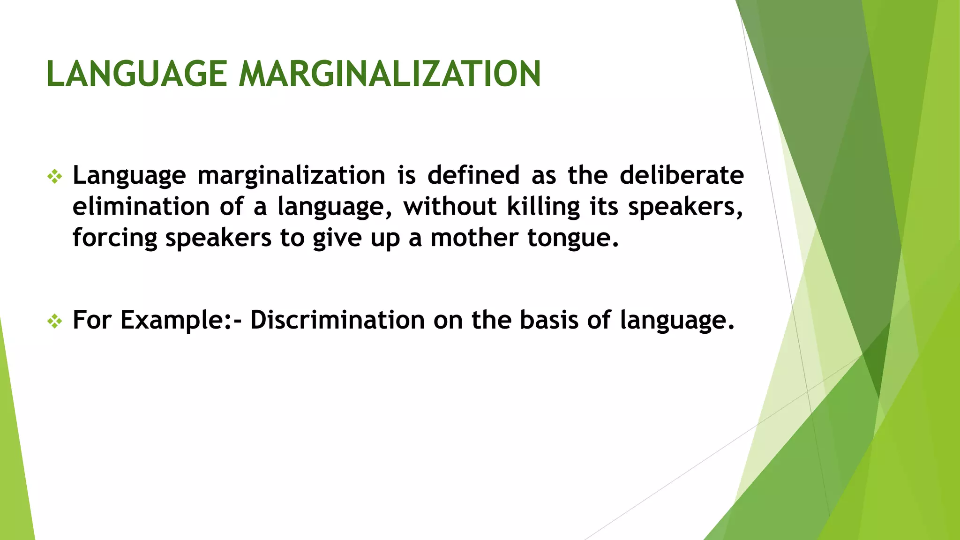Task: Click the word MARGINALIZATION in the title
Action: (x=390, y=74)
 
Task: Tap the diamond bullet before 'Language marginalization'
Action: (x=55, y=177)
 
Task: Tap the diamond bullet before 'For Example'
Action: (x=55, y=321)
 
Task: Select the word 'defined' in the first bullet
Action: (x=473, y=175)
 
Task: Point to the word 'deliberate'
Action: (x=682, y=175)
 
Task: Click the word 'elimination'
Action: (x=141, y=207)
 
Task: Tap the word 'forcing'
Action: (x=115, y=238)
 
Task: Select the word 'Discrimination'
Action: (x=337, y=320)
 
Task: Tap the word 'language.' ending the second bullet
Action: (x=677, y=321)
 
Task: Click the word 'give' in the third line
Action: (x=337, y=238)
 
